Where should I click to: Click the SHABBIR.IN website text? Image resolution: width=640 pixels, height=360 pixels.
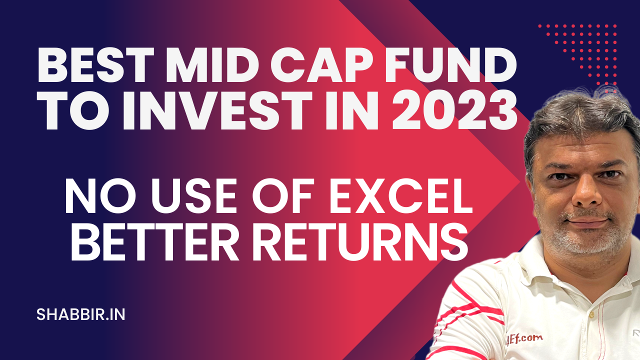[x=80, y=314]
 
